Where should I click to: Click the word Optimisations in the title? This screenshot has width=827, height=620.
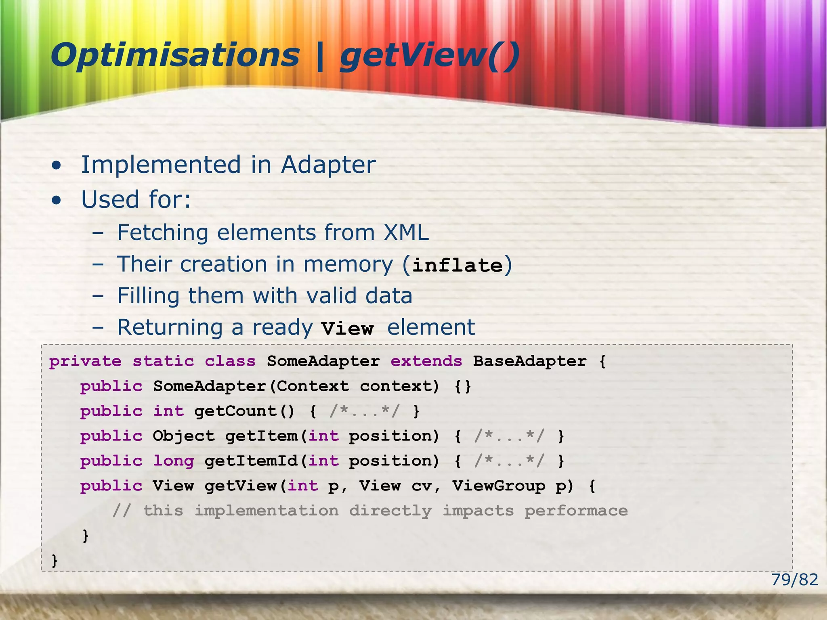174,56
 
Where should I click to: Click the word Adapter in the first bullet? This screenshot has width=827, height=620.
328,165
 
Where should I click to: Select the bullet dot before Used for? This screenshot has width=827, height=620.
57,200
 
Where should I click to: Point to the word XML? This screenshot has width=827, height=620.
406,232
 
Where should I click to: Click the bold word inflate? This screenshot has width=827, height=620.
458,265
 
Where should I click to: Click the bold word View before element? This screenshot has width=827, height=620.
347,328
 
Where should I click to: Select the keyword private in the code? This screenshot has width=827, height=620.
85,361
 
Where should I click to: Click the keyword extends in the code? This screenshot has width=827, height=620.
426,361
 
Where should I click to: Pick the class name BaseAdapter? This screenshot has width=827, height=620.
529,361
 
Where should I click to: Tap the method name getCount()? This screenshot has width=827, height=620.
244,411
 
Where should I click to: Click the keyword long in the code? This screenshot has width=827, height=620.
173,461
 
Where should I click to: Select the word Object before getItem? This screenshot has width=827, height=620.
184,436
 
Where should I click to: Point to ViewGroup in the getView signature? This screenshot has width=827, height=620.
498,486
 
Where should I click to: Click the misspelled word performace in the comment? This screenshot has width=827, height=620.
576,511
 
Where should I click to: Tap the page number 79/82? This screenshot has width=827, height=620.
794,580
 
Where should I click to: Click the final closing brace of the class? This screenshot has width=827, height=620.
55,561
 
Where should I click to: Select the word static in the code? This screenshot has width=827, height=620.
163,361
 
